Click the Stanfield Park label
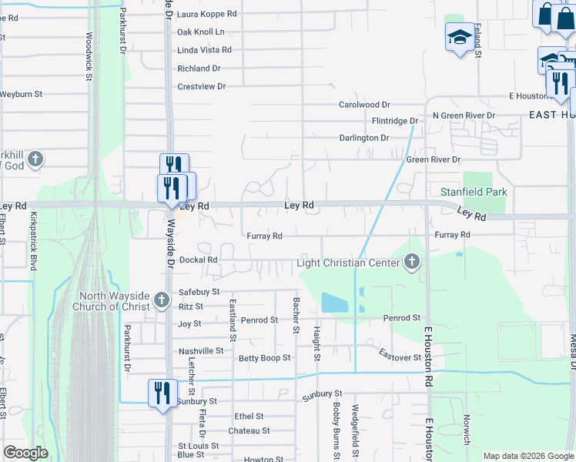[473, 191]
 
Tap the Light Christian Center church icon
[413, 263]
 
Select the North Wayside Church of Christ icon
[161, 299]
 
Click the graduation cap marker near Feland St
[459, 37]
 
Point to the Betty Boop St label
[264, 358]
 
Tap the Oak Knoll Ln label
[200, 32]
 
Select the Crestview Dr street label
[201, 86]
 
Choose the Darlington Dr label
[364, 138]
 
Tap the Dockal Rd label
[199, 260]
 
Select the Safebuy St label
[199, 293]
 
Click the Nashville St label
[200, 351]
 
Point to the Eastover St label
[400, 357]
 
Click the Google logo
[25, 453]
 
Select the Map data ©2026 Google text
[527, 456]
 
